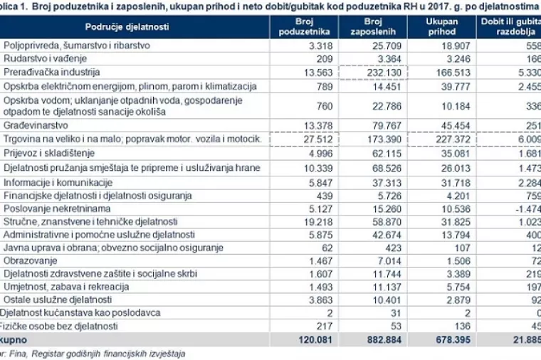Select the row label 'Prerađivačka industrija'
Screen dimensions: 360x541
(52, 73)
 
